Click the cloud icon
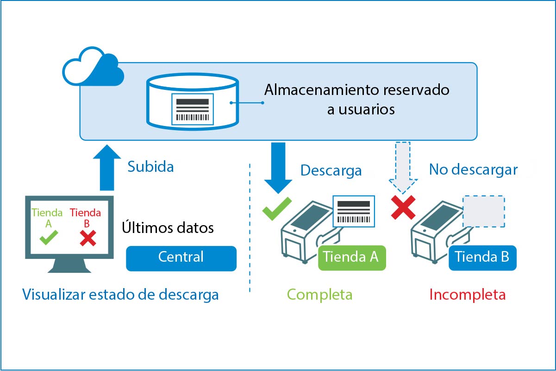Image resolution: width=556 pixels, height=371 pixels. (93, 69)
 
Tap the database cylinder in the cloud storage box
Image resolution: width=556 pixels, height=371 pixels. (192, 102)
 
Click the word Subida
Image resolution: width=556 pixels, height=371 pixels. (150, 167)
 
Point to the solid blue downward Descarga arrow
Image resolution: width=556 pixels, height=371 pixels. (278, 167)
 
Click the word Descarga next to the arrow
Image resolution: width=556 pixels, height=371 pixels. (331, 170)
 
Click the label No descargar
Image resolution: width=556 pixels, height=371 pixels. (473, 170)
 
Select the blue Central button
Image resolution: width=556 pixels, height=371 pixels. (181, 258)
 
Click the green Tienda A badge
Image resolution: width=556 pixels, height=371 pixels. (351, 257)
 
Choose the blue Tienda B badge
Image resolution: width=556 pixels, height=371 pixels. (482, 257)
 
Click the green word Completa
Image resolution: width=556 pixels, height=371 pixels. (319, 295)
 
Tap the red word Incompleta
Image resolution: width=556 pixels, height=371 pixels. (468, 295)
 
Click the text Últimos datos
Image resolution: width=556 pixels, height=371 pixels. (168, 228)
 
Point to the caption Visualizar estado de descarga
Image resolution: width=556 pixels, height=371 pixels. (120, 295)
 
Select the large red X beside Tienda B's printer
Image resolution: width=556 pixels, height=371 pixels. (403, 208)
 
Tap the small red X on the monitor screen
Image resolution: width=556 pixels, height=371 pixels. (87, 239)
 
